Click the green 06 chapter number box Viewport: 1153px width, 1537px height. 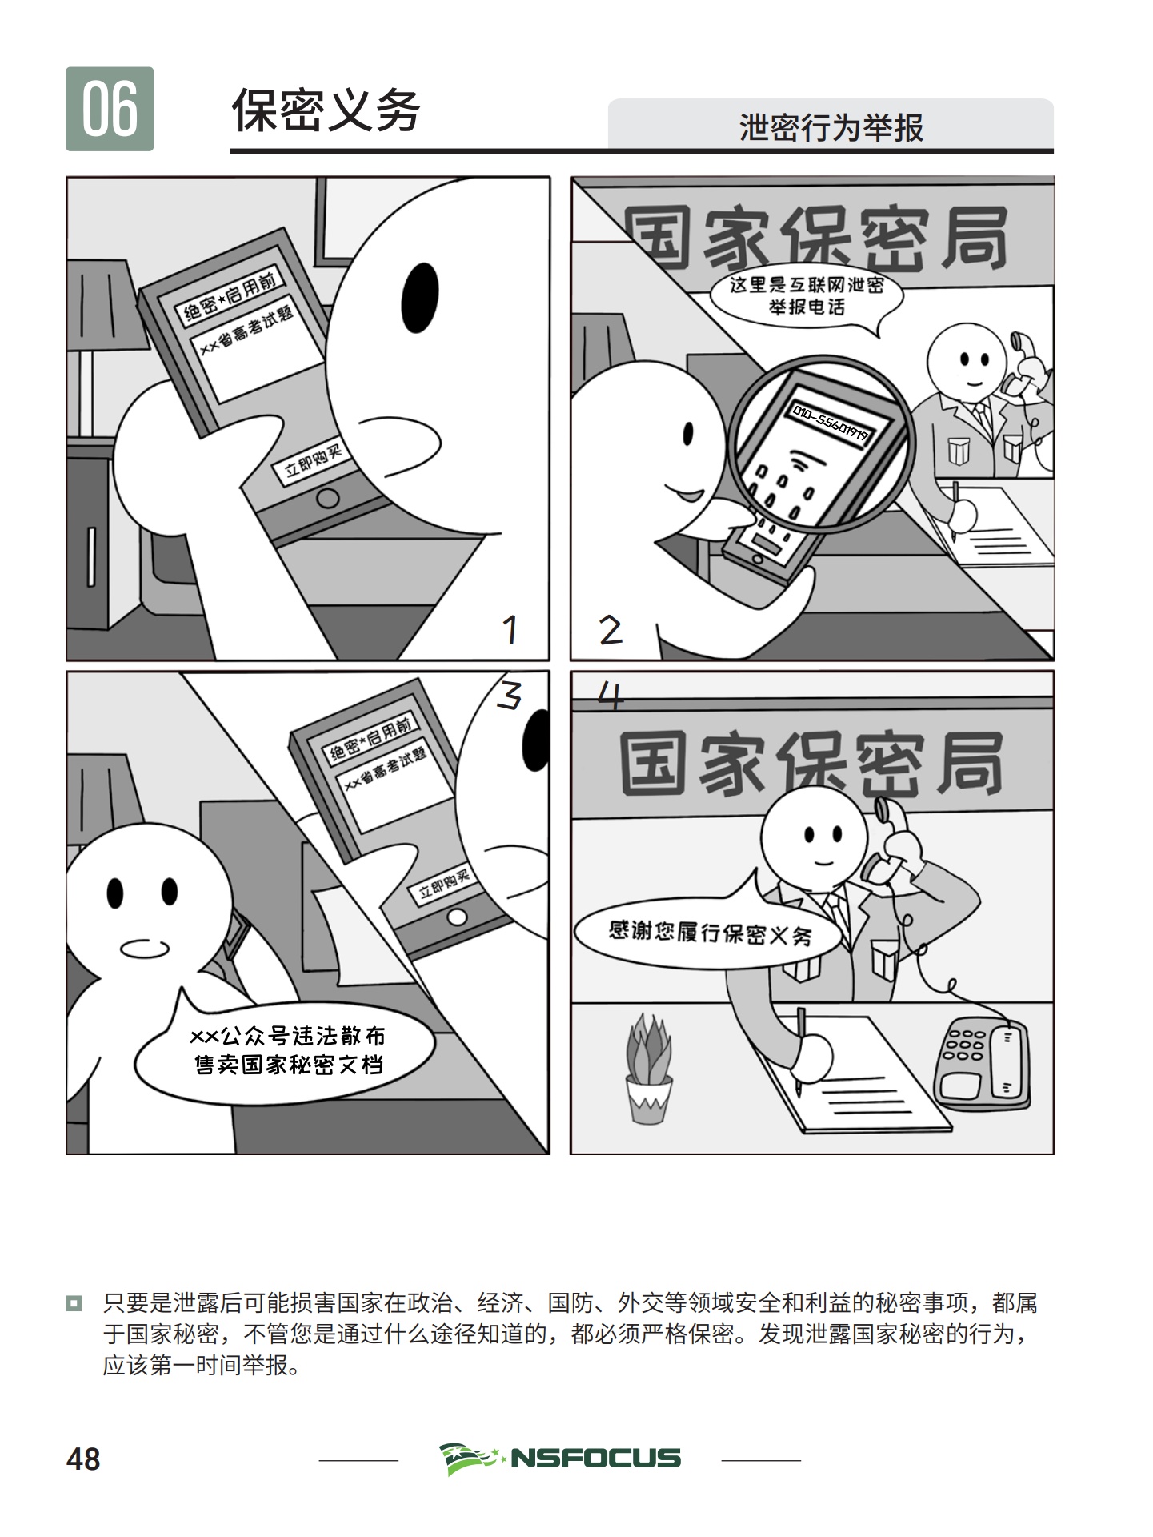[110, 109]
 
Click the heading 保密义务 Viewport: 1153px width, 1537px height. [326, 110]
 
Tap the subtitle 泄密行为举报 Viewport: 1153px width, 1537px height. [831, 127]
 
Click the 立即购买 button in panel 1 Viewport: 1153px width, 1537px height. [314, 460]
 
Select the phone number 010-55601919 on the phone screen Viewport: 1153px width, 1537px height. [831, 423]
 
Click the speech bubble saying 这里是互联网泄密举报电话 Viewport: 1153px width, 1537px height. [807, 299]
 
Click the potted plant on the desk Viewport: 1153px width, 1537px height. [649, 1069]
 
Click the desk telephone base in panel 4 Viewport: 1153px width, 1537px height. [983, 1061]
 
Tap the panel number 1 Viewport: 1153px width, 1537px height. [510, 630]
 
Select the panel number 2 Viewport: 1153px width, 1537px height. [611, 630]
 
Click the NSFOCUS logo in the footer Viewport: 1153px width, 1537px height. [560, 1458]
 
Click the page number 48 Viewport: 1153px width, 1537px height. [83, 1459]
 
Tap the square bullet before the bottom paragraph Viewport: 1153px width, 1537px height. [74, 1304]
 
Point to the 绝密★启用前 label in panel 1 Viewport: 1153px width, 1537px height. [230, 295]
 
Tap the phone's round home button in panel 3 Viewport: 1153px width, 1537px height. [458, 916]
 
